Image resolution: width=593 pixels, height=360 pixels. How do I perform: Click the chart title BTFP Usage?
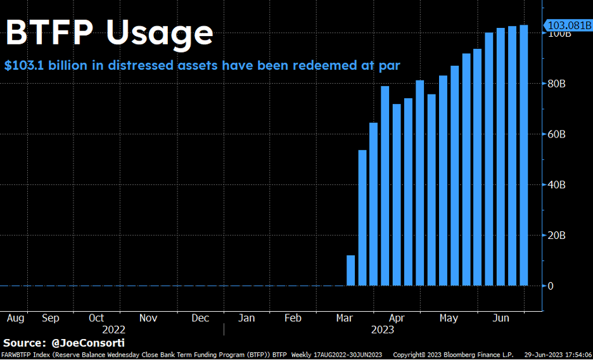click(x=109, y=32)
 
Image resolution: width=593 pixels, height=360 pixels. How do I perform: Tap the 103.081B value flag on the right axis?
click(x=568, y=26)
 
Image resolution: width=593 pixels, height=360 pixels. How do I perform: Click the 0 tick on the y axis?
click(x=551, y=286)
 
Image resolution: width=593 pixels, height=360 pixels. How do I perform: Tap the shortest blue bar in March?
click(x=351, y=271)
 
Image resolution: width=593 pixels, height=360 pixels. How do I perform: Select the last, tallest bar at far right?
click(x=523, y=155)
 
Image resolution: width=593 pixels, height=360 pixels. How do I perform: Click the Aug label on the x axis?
click(x=15, y=318)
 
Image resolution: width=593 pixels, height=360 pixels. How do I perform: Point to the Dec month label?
click(x=200, y=318)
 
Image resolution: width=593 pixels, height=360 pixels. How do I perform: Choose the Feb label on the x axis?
click(x=293, y=318)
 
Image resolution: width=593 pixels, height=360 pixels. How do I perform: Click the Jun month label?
click(x=501, y=318)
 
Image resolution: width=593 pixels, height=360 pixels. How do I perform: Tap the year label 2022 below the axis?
click(x=113, y=330)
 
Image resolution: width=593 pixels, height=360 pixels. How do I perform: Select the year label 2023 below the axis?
click(x=382, y=330)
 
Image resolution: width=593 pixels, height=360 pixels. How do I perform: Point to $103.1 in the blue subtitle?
click(x=25, y=65)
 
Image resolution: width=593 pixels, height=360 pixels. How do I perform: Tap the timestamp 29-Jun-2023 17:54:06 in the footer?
click(x=556, y=355)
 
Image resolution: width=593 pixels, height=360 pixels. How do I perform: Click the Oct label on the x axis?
click(x=96, y=318)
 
